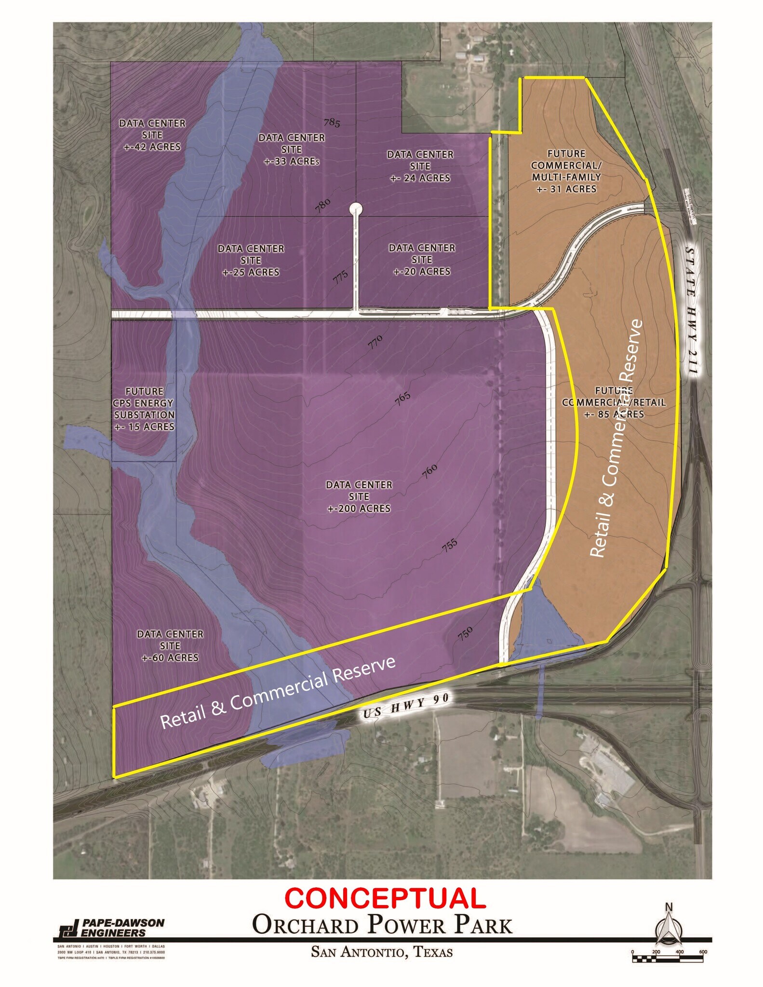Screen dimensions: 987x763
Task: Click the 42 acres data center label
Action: (152, 135)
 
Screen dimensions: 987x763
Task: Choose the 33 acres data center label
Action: (292, 149)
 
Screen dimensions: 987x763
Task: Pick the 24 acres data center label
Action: (420, 166)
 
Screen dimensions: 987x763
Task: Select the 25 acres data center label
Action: (251, 260)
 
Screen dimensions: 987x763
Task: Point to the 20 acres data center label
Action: (422, 260)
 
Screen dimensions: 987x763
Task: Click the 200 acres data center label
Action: (359, 496)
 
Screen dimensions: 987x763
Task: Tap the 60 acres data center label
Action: (170, 646)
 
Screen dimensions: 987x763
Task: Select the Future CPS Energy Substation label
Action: (144, 409)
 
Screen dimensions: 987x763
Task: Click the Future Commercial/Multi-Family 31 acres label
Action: (566, 171)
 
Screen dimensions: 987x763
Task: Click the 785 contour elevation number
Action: (332, 123)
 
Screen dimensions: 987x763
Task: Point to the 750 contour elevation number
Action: (465, 633)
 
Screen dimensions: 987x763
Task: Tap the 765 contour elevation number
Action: (402, 398)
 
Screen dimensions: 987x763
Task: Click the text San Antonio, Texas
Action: (382, 952)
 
